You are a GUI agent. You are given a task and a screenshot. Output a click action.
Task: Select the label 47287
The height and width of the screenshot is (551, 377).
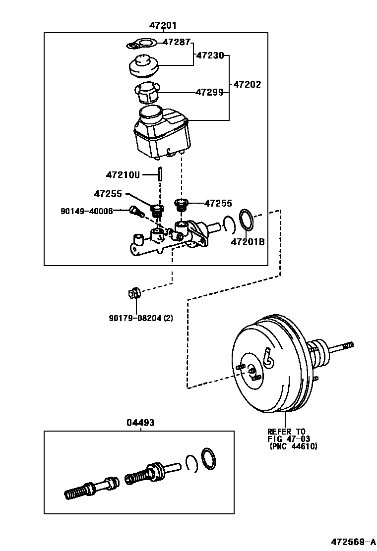coord(177,43)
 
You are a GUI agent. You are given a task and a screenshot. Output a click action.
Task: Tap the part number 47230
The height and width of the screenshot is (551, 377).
coord(210,55)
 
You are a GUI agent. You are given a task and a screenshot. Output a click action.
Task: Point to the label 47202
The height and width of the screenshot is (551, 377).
coord(247,84)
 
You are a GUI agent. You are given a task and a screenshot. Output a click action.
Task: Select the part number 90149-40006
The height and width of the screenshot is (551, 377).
coord(86,211)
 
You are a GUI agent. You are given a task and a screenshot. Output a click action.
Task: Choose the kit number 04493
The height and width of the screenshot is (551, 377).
coord(140,423)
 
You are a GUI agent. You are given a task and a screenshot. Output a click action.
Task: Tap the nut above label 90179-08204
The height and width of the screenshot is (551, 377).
coord(134,293)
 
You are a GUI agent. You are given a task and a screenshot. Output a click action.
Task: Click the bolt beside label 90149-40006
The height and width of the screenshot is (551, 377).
coord(136,212)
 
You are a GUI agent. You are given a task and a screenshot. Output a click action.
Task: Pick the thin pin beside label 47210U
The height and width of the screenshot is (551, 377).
coord(160,174)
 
